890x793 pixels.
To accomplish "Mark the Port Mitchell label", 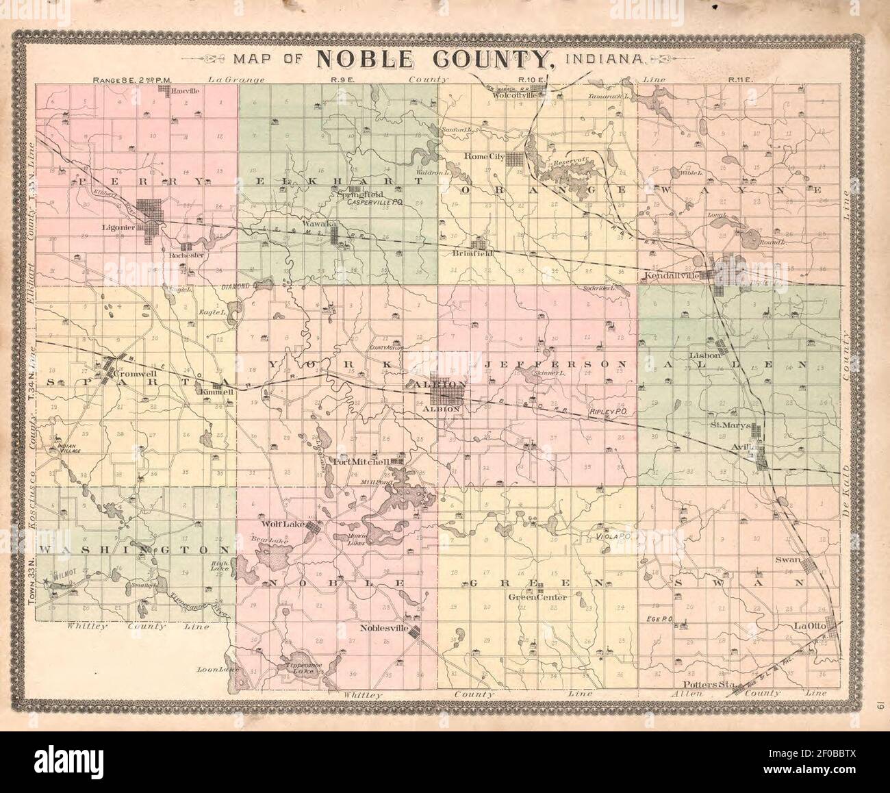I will point(361,462).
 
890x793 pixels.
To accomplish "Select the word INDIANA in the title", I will point(603,59).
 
